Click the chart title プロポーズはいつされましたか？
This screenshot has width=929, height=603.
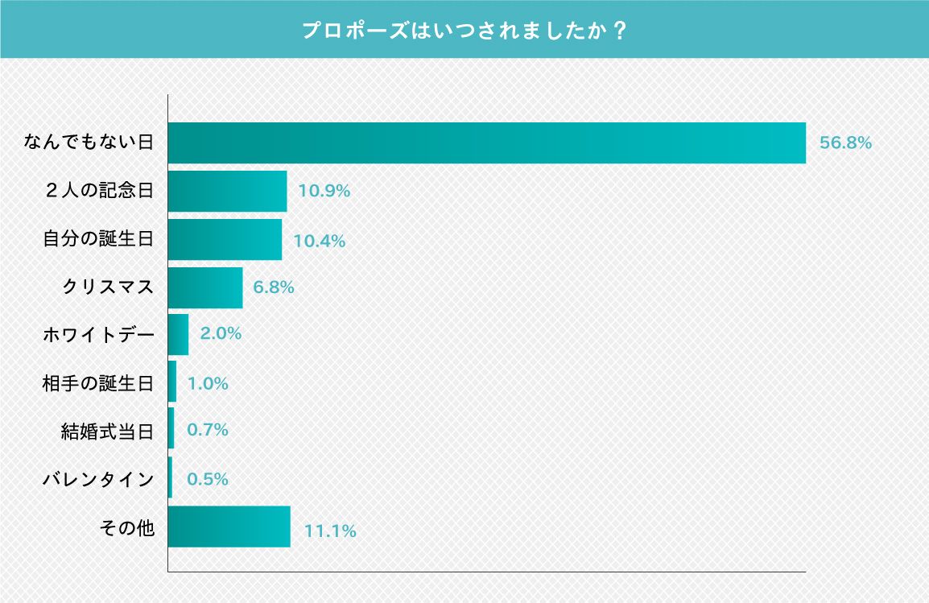pyautogui.click(x=464, y=31)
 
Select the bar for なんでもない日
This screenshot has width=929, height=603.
pyautogui.click(x=486, y=143)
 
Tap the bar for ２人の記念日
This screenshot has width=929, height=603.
pyautogui.click(x=227, y=192)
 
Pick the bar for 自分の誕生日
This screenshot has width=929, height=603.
pyautogui.click(x=225, y=240)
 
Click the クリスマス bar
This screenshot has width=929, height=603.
pyautogui.click(x=205, y=287)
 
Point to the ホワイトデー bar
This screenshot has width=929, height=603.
pyautogui.click(x=178, y=334)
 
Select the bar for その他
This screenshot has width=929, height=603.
pyautogui.click(x=229, y=527)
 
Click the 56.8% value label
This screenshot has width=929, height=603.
pyautogui.click(x=845, y=143)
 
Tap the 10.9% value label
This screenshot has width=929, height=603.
pyautogui.click(x=324, y=192)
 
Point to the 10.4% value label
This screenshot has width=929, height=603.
pyautogui.click(x=320, y=241)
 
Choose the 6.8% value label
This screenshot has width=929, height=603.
pyautogui.click(x=274, y=287)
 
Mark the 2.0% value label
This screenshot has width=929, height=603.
pyautogui.click(x=221, y=333)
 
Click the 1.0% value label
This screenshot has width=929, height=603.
pyautogui.click(x=208, y=384)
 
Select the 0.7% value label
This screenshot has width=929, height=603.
pyautogui.click(x=208, y=430)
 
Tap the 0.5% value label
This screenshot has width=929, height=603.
pyautogui.click(x=208, y=479)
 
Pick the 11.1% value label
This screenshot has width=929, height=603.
pyautogui.click(x=330, y=531)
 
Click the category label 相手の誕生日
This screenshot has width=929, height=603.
pyautogui.click(x=97, y=383)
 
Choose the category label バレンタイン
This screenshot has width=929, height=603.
pyautogui.click(x=97, y=480)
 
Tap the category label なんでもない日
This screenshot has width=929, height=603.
pyautogui.click(x=89, y=143)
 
